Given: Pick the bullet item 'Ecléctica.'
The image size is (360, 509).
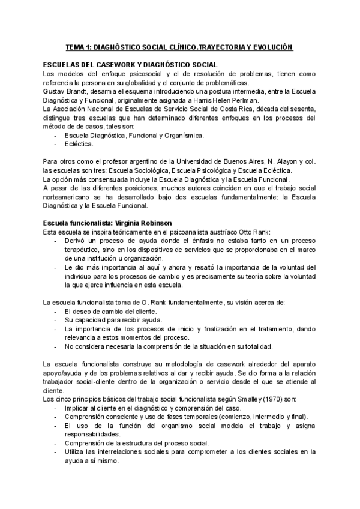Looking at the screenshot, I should (79, 145).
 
